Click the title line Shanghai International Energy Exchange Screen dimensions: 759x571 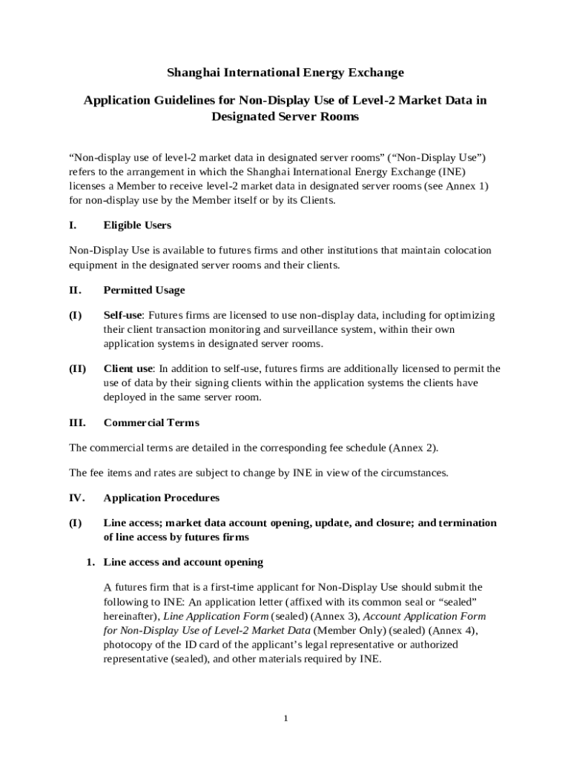tap(285, 73)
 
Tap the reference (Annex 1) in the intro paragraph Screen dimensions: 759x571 tap(466, 186)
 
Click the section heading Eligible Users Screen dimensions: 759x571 tap(137, 225)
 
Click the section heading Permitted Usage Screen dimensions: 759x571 tap(144, 291)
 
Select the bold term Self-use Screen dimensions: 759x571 tap(122, 316)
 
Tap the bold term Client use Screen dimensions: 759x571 tap(128, 369)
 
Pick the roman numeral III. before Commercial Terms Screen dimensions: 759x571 tap(77, 423)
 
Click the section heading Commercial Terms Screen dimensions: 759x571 tap(151, 423)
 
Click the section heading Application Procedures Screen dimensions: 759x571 tap(161, 498)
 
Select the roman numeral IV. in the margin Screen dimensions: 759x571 tap(77, 498)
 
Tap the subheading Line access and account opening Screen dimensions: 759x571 tap(182, 563)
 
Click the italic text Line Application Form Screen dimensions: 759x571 tap(216, 617)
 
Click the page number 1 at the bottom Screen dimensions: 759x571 tap(285, 718)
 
